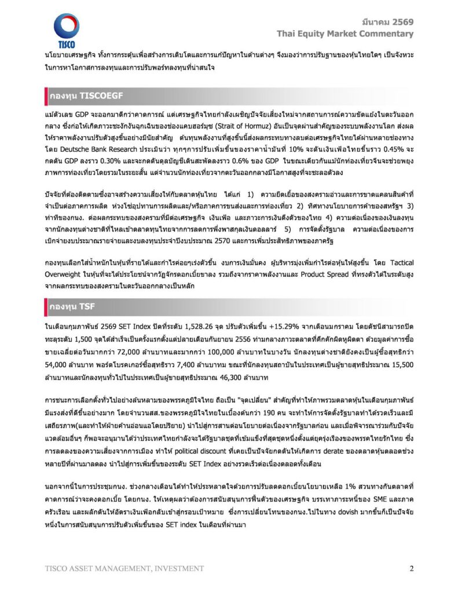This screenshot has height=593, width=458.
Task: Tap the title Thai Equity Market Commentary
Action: [345, 34]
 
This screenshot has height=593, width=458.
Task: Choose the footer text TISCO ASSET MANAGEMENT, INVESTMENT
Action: [124, 568]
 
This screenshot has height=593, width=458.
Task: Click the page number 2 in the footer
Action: [411, 568]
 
